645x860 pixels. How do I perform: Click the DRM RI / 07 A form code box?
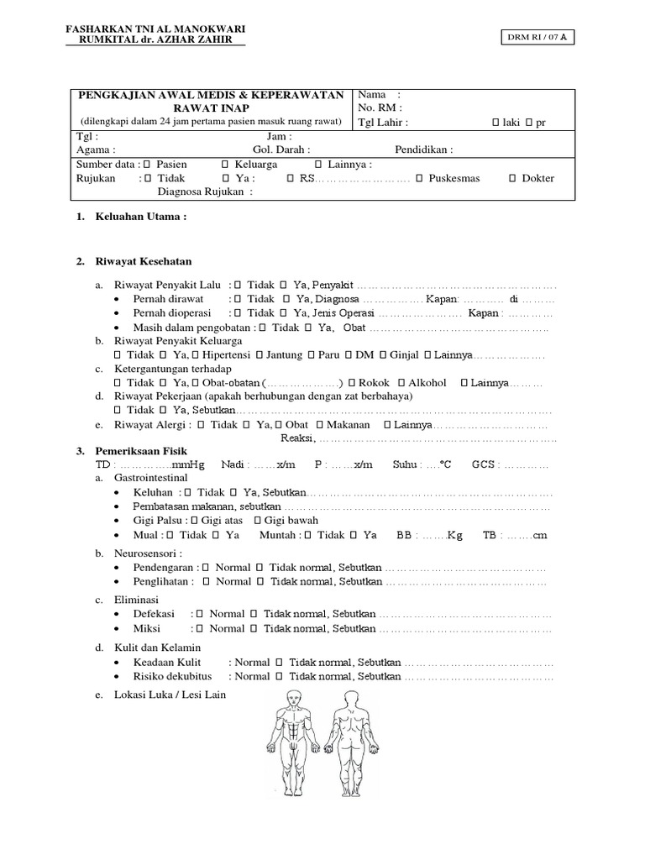(x=538, y=38)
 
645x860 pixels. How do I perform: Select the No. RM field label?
(x=380, y=107)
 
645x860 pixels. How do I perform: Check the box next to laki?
(x=496, y=123)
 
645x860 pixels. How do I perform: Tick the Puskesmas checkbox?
(x=421, y=178)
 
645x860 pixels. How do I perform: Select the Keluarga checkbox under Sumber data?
(x=224, y=164)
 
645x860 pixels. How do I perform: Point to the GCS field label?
(x=485, y=464)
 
